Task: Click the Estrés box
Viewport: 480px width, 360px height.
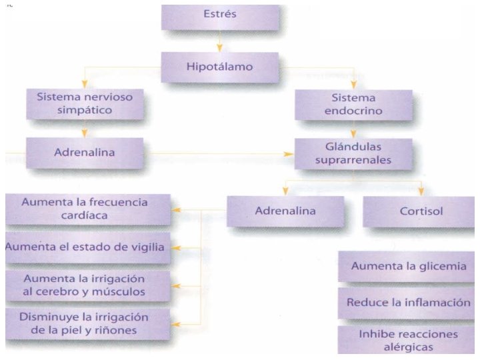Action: pyautogui.click(x=219, y=15)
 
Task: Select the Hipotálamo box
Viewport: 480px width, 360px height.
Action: pyautogui.click(x=219, y=67)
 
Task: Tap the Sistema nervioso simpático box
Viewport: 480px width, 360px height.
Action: pyautogui.click(x=84, y=103)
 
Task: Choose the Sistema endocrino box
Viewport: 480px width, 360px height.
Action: pyautogui.click(x=353, y=103)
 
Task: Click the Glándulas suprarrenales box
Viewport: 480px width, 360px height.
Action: pyautogui.click(x=354, y=153)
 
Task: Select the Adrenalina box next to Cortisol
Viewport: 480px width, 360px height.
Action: pyautogui.click(x=285, y=211)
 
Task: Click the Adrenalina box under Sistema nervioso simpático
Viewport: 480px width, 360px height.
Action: pyautogui.click(x=84, y=153)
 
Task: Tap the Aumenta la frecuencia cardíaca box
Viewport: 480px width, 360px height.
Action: pyautogui.click(x=85, y=209)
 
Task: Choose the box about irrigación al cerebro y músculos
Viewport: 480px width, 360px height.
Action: pyautogui.click(x=85, y=284)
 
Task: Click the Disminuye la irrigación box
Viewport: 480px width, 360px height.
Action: pyautogui.click(x=85, y=323)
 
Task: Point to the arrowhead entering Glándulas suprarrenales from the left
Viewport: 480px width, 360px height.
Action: pyautogui.click(x=291, y=153)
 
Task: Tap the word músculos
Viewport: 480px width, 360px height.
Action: pyautogui.click(x=123, y=291)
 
